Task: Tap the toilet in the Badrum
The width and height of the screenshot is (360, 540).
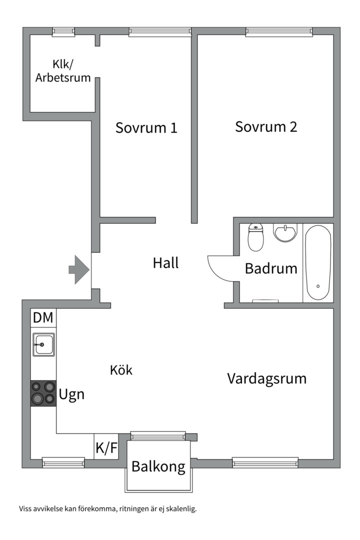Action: [255, 237]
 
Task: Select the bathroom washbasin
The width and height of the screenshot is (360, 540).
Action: [285, 232]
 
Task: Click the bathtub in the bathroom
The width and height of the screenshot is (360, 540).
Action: [318, 262]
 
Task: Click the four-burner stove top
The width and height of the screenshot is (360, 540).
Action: [43, 393]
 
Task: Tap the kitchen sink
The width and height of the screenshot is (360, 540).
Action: [43, 344]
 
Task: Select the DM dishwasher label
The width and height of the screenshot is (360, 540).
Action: [43, 317]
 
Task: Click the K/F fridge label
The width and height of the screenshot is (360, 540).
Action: [106, 447]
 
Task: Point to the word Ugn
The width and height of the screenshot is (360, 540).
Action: [71, 394]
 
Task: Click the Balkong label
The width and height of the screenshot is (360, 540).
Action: [158, 466]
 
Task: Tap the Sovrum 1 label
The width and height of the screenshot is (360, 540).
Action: [146, 128]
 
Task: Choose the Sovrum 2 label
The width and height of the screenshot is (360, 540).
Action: [266, 126]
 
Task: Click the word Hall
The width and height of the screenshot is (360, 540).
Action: [165, 263]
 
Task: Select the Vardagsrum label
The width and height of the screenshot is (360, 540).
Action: [267, 379]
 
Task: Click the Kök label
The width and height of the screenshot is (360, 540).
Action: [121, 370]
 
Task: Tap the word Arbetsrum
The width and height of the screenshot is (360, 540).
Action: [63, 77]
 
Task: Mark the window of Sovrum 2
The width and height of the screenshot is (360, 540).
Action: [279, 31]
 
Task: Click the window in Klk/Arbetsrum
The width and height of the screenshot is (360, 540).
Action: [63, 31]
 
